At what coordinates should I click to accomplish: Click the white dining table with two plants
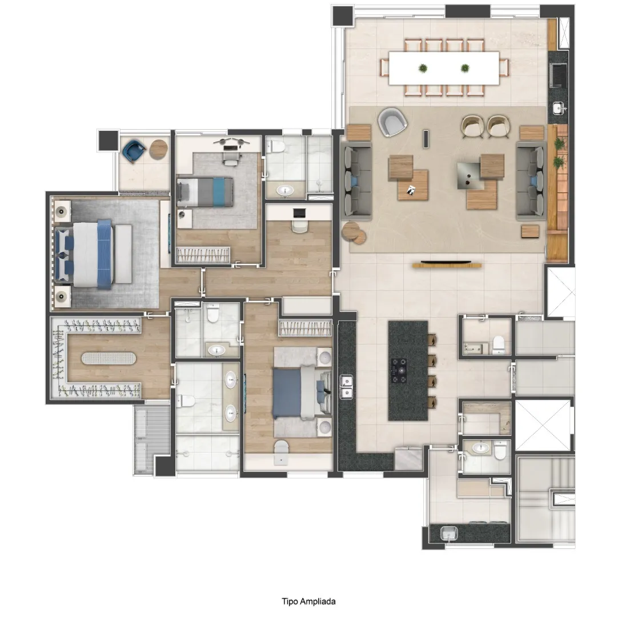click(x=444, y=68)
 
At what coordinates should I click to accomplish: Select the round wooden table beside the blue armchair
click(x=159, y=150)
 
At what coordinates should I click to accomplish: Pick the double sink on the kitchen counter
click(x=346, y=387)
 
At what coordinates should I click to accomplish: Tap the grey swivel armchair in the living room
click(x=392, y=122)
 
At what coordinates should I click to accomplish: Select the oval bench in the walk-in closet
click(x=109, y=358)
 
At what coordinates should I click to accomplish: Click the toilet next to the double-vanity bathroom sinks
click(x=186, y=402)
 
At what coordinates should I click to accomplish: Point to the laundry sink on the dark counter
click(x=449, y=534)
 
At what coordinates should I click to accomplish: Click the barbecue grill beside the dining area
click(x=559, y=75)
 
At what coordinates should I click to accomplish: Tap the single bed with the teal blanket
click(x=205, y=192)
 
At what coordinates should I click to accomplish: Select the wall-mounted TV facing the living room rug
click(x=446, y=262)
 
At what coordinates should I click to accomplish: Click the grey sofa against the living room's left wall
click(x=356, y=181)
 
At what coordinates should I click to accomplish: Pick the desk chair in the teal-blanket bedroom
click(x=231, y=157)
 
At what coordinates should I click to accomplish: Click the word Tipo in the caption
click(x=290, y=601)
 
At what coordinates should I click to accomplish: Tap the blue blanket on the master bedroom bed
click(x=105, y=254)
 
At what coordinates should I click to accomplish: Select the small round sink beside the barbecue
click(x=558, y=107)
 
